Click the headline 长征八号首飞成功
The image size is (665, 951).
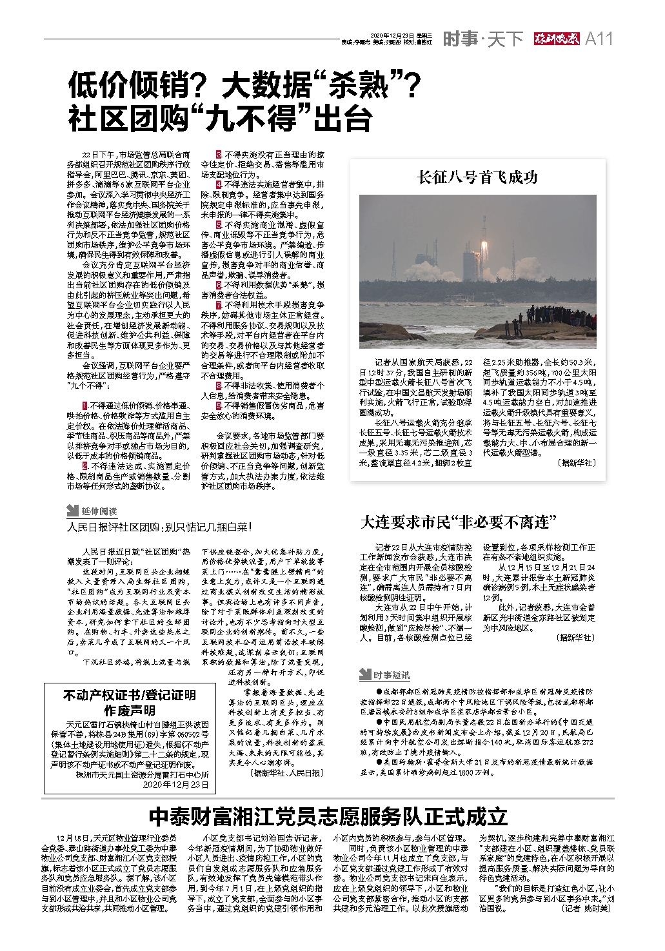pyautogui.click(x=477, y=177)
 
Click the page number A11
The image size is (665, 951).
pyautogui.click(x=599, y=39)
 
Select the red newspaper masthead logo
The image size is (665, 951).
pyautogui.click(x=555, y=39)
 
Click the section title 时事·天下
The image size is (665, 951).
pyautogui.click(x=482, y=39)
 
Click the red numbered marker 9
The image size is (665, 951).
pyautogui.click(x=219, y=405)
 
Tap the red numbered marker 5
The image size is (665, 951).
pyautogui.click(x=219, y=224)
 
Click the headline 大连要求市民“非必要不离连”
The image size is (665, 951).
pyautogui.click(x=458, y=522)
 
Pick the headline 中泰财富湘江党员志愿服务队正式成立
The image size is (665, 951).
pyautogui.click(x=329, y=817)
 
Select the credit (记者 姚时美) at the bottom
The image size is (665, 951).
pyautogui.click(x=585, y=908)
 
